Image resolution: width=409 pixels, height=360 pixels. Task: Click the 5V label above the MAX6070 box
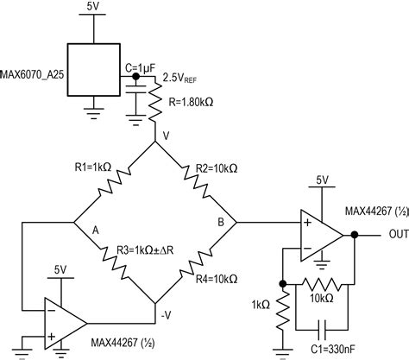[93, 6]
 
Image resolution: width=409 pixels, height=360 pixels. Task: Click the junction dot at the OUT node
[354, 233]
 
